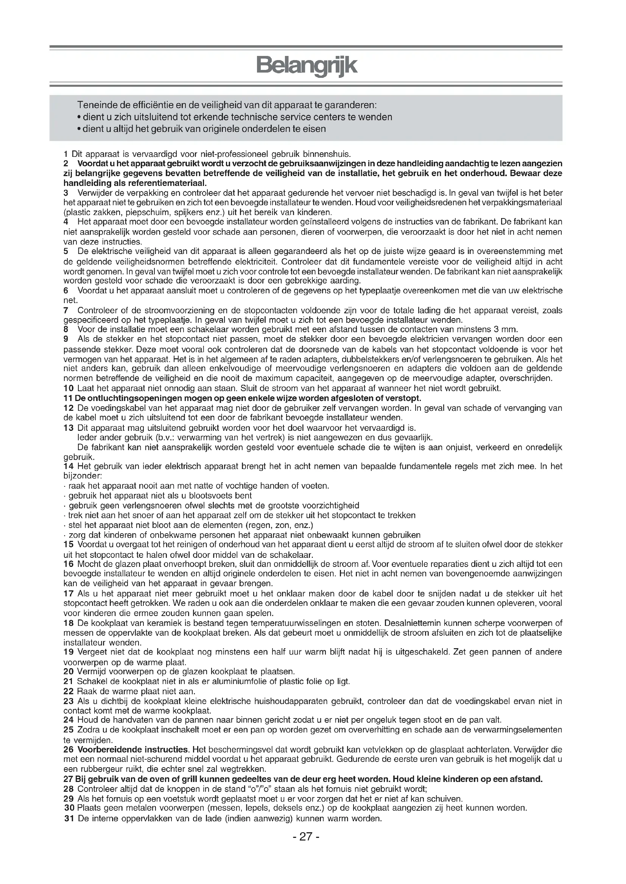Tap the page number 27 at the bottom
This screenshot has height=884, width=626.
coord(306,847)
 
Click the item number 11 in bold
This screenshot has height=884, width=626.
coord(68,398)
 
